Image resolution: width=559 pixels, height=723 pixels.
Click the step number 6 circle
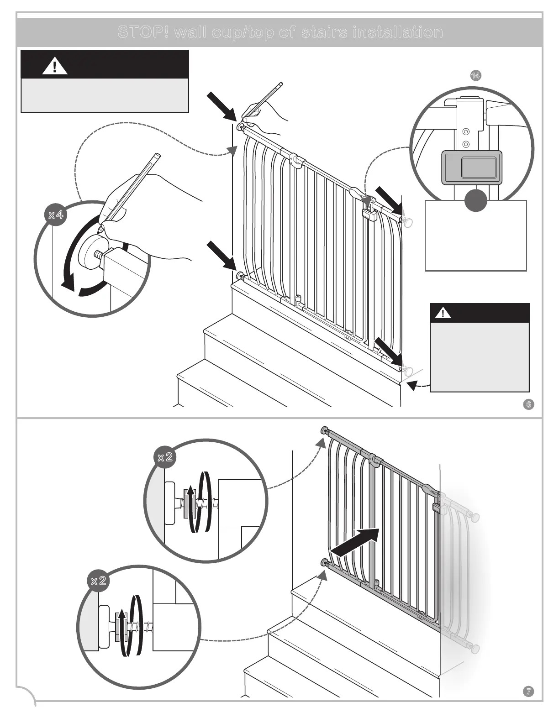528,404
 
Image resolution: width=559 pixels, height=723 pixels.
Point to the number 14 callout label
475,75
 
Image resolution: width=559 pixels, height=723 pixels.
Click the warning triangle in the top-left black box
55,67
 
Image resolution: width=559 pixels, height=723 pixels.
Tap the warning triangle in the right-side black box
443,314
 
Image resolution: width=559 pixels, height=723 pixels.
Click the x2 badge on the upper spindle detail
164,457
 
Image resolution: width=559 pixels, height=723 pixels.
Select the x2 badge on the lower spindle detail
98,581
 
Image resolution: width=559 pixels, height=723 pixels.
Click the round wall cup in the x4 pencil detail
92,251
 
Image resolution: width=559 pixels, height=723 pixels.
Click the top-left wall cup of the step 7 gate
324,430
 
